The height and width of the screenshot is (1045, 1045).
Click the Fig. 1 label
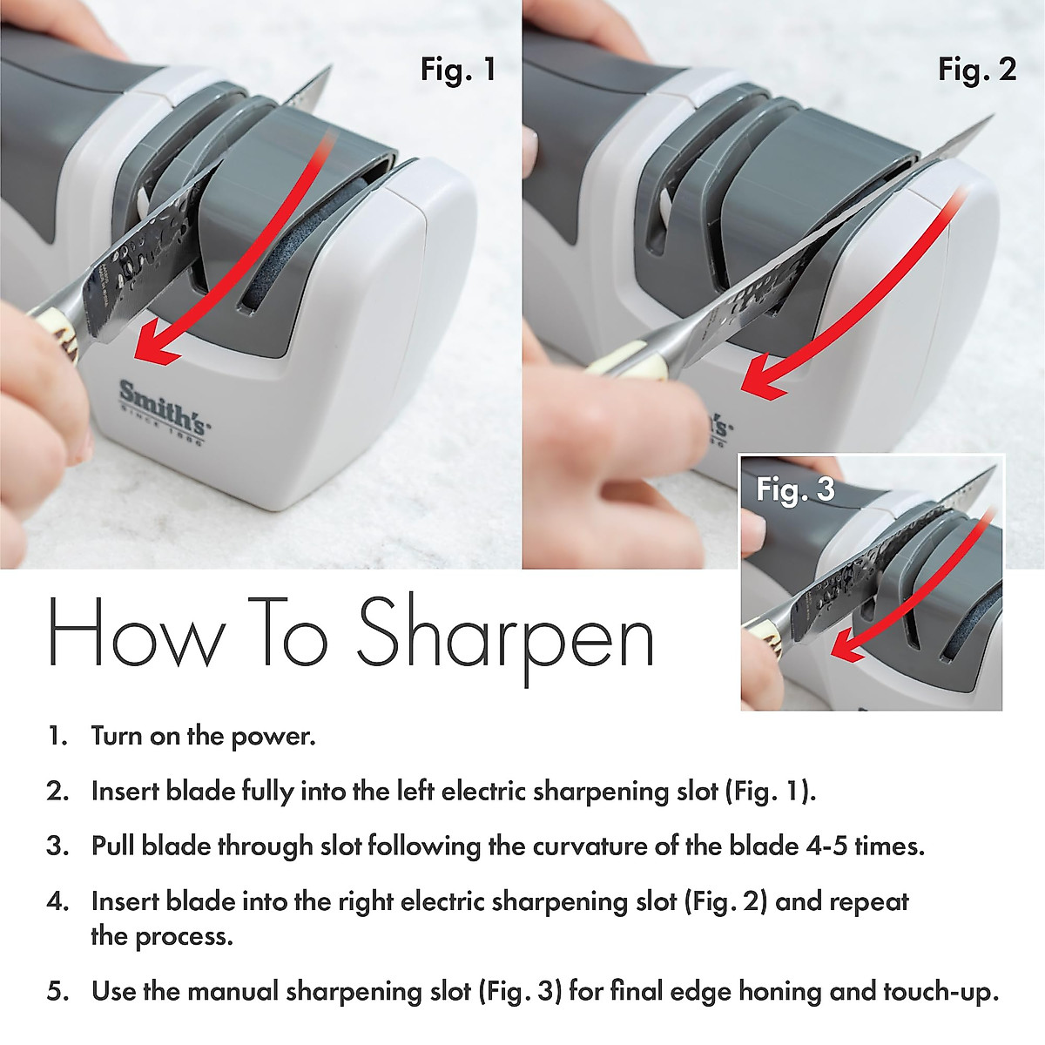[457, 69]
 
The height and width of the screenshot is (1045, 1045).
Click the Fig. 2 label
[977, 69]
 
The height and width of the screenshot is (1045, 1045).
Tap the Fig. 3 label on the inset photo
[795, 489]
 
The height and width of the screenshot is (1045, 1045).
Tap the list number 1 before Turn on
[57, 737]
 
